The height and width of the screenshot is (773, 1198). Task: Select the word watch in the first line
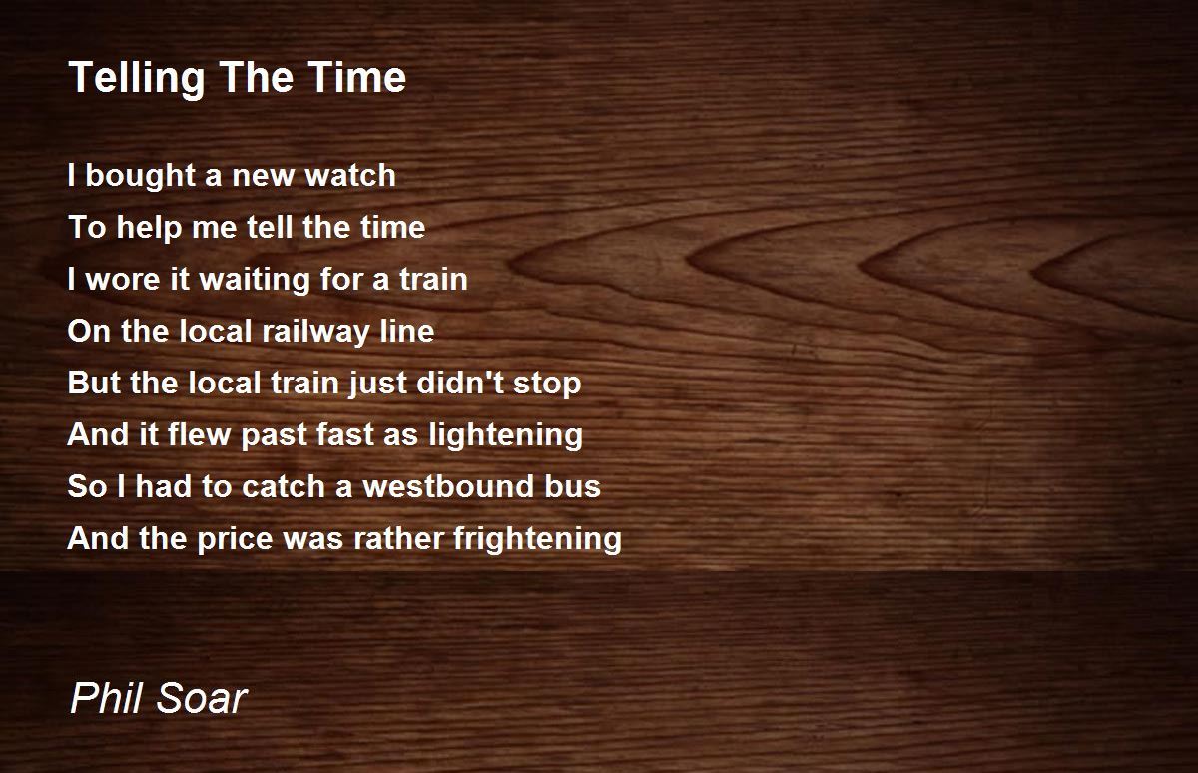(x=350, y=176)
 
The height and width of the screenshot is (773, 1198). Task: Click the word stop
(x=548, y=385)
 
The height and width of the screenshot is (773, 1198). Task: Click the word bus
(x=580, y=487)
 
